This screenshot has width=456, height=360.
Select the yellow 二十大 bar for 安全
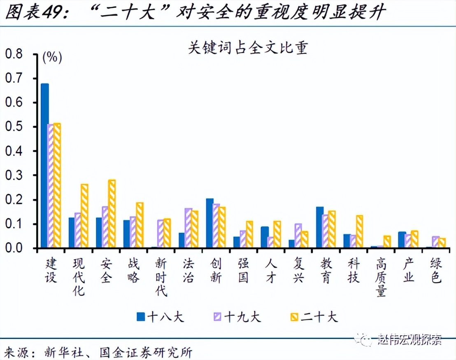[x=112, y=214]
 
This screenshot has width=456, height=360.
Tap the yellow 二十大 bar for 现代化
[x=84, y=216]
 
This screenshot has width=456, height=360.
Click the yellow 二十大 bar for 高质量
[x=387, y=242]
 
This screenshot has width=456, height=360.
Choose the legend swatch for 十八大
[x=141, y=316]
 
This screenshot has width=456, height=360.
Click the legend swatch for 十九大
[x=217, y=316]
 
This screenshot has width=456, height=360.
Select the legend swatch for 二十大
[x=294, y=316]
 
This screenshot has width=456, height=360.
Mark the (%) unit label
[x=52, y=57]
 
